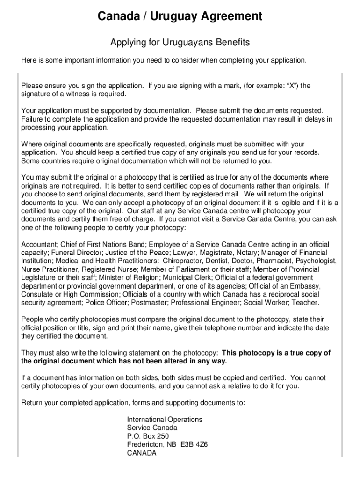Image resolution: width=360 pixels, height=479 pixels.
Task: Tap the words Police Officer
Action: coord(107,303)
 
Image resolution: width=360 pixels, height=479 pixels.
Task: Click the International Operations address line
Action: coord(165,420)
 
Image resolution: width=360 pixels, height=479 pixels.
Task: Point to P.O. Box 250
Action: coord(148,436)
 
